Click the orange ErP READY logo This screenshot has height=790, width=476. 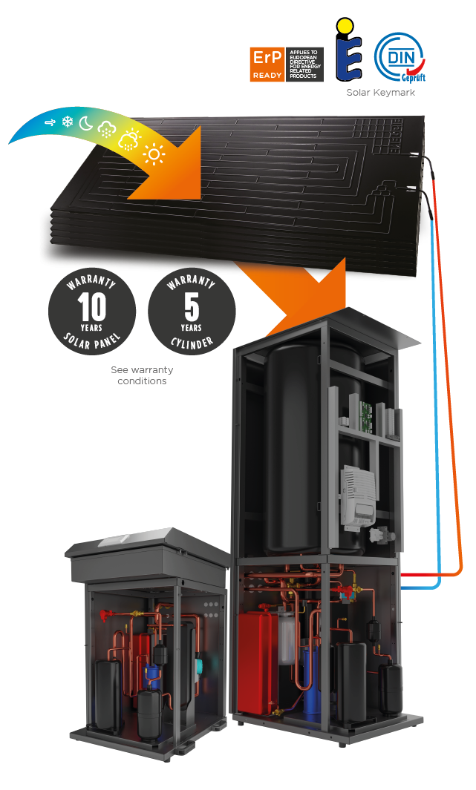267,65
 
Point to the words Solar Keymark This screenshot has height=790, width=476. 380,93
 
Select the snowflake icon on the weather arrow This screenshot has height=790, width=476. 68,121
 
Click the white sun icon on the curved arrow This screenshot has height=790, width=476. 154,154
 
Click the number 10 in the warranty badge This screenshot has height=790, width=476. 91,306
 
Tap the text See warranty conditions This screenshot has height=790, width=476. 141,375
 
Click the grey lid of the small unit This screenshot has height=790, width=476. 149,545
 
